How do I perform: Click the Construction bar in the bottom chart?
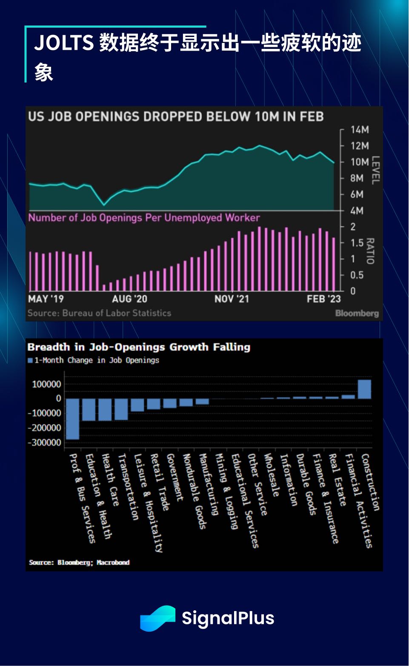tap(364, 389)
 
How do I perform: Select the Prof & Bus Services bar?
tap(73, 419)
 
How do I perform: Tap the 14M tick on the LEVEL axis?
tap(360, 130)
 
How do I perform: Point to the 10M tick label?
tap(360, 162)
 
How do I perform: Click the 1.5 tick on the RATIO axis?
tap(357, 243)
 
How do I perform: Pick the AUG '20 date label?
tap(129, 299)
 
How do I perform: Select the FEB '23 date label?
tap(323, 299)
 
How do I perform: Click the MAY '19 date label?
tap(46, 299)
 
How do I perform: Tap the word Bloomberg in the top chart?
tap(357, 313)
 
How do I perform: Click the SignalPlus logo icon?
tap(157, 618)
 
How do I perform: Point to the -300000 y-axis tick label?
tap(45, 443)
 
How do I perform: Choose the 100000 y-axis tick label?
tap(47, 384)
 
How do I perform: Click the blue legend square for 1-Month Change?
tap(30, 361)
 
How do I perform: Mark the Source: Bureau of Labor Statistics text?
tap(99, 313)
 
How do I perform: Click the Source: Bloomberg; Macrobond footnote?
tap(79, 562)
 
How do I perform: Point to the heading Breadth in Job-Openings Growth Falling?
tap(139, 347)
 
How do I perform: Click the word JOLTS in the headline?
tap(64, 43)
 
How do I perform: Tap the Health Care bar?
tap(105, 410)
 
